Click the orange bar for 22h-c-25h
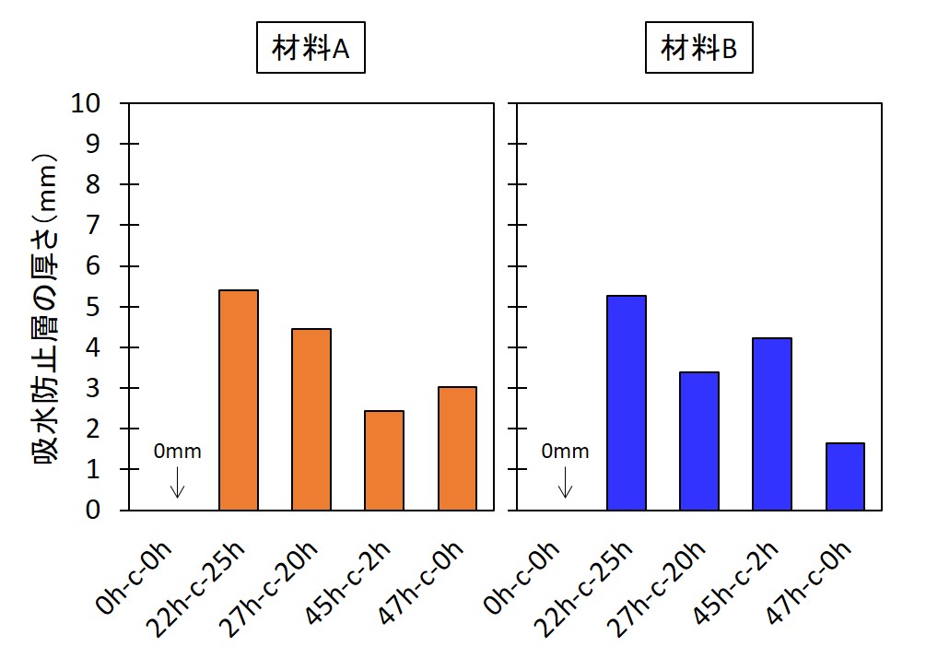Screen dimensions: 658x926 click(x=239, y=400)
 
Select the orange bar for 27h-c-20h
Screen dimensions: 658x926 click(x=311, y=419)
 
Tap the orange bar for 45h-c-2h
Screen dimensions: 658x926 click(x=384, y=460)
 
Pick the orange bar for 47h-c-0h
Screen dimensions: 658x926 click(x=457, y=448)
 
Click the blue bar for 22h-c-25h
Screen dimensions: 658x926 click(x=627, y=403)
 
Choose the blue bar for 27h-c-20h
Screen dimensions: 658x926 click(x=699, y=441)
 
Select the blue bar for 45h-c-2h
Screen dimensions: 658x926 click(x=772, y=424)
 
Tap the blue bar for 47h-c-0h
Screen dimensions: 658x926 click(x=845, y=476)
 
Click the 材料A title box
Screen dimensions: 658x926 click(x=311, y=50)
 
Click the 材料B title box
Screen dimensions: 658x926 click(x=698, y=50)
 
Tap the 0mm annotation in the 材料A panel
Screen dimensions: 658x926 click(x=177, y=452)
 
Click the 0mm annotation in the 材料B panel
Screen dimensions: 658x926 click(x=565, y=452)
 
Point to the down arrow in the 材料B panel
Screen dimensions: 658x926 click(x=566, y=482)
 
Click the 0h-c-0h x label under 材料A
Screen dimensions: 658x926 click(x=136, y=578)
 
